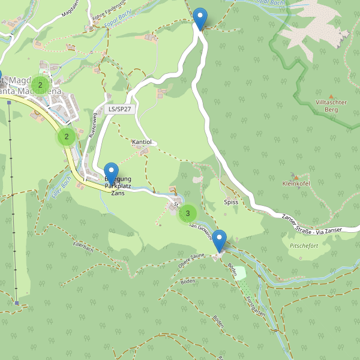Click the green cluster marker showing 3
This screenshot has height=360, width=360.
click(188, 213)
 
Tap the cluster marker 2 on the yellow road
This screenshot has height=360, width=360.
click(67, 137)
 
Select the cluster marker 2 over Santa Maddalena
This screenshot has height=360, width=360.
click(40, 85)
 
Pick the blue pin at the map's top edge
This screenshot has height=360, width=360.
click(200, 18)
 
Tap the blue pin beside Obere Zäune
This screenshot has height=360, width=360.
click(220, 241)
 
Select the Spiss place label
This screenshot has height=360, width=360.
click(231, 202)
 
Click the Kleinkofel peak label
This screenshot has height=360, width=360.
click(295, 184)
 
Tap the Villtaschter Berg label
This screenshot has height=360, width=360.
click(331, 106)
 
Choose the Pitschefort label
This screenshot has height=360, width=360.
click(304, 246)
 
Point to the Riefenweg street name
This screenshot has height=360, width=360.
click(92, 126)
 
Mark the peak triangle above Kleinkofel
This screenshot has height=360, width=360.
click(295, 176)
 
